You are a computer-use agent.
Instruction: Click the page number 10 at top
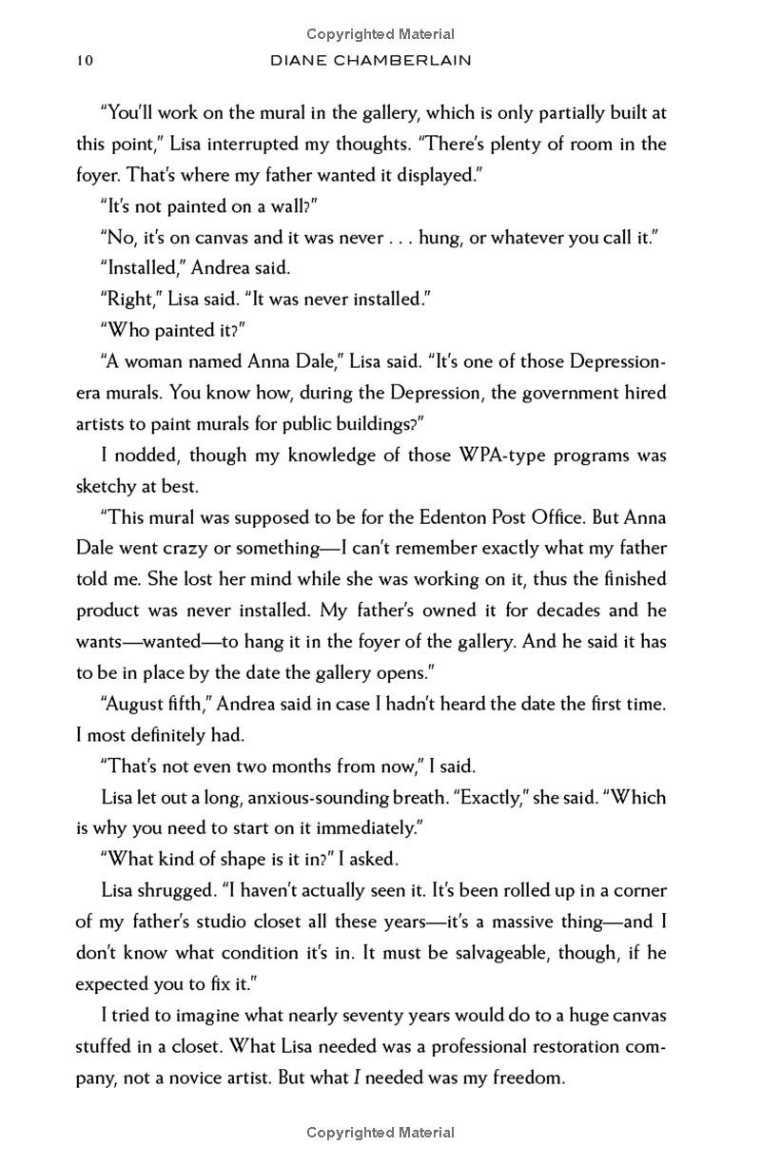click(x=85, y=60)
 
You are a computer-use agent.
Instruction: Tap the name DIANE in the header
click(x=302, y=60)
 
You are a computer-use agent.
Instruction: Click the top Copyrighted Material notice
click(x=380, y=35)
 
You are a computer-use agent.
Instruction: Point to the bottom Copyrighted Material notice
click(x=380, y=1133)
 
